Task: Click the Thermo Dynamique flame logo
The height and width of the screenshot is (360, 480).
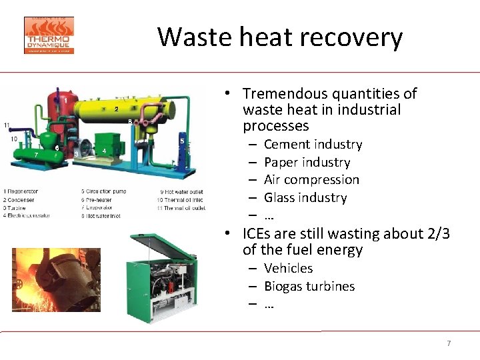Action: tap(49, 35)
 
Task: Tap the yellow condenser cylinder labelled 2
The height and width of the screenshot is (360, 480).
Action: tap(127, 109)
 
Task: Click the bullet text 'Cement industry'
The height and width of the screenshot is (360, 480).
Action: tap(313, 145)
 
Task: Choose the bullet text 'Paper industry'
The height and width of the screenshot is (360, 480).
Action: tap(307, 163)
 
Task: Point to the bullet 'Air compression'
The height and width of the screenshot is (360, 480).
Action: tap(311, 180)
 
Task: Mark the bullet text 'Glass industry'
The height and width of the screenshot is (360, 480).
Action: tap(305, 198)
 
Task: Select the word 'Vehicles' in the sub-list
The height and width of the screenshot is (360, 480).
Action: tap(288, 269)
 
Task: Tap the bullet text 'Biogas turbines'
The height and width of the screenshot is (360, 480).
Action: tap(309, 287)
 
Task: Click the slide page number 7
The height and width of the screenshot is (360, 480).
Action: tap(449, 343)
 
